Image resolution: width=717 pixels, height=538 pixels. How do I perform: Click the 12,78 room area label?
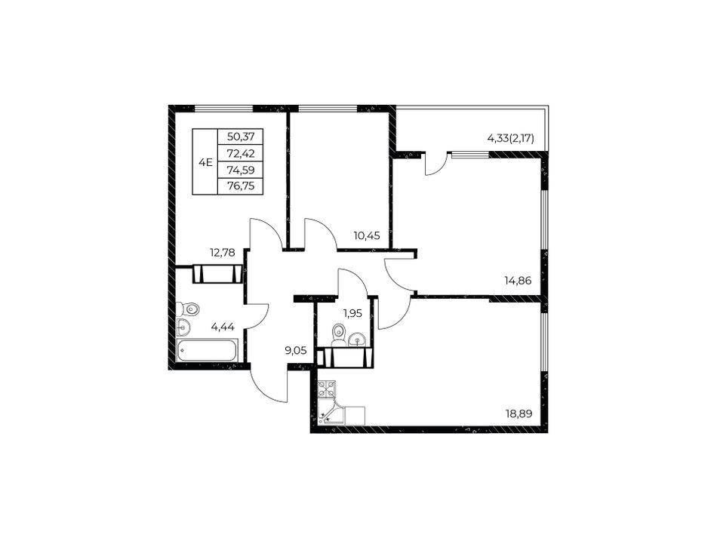222,252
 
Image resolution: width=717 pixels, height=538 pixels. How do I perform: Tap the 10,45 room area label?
366,235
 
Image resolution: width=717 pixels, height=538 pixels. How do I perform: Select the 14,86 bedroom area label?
518,281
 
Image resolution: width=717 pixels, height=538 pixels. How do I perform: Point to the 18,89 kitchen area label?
519,414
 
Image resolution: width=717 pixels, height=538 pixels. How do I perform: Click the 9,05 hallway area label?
295,351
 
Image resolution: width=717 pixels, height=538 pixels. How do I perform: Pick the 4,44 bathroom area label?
223,327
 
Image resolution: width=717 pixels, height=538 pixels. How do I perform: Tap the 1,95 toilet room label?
352,313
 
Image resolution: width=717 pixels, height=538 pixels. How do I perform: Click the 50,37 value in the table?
241,137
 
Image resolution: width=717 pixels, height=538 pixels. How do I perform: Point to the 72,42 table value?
241,153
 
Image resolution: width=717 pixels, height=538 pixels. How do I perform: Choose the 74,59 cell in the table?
241,170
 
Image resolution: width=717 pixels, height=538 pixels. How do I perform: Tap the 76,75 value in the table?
241,186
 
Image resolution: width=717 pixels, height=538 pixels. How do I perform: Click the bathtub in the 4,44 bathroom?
207,351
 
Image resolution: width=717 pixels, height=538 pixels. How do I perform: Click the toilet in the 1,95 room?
338,334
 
